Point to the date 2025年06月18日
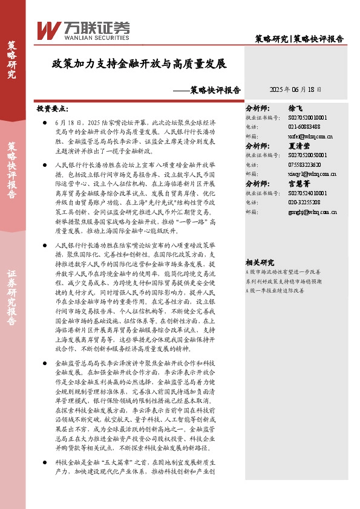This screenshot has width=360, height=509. [295, 89]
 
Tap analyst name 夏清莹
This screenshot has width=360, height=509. [304, 146]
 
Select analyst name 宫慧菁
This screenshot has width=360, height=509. [304, 183]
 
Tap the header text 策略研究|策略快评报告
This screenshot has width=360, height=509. [299, 39]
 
